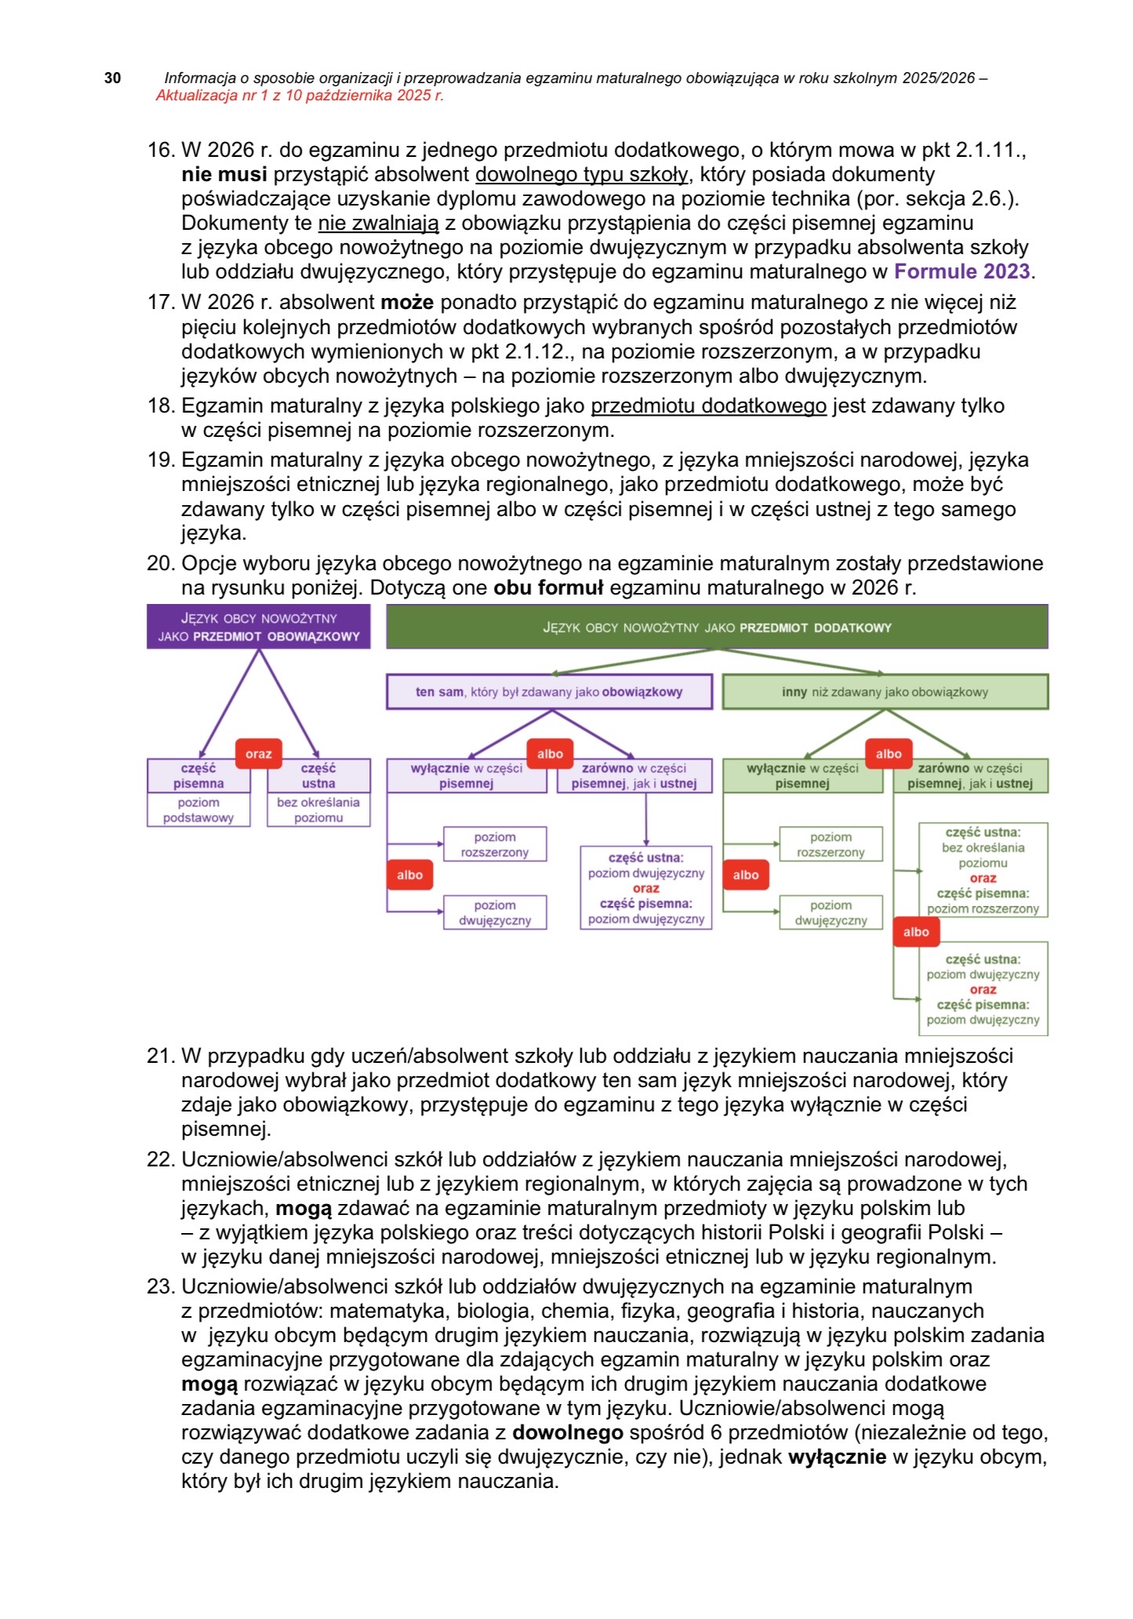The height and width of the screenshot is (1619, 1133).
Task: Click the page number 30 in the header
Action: coord(113,78)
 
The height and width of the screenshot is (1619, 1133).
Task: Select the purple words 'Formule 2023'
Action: coord(961,271)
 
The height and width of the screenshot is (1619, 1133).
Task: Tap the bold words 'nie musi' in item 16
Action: coord(224,174)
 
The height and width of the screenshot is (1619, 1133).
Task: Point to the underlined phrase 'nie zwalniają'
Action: coord(378,223)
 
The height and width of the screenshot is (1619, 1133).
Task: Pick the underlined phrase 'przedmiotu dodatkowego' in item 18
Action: coord(708,406)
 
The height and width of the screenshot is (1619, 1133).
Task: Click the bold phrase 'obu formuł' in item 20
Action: coord(548,588)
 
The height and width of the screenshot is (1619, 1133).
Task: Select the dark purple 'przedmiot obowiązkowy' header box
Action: coord(258,627)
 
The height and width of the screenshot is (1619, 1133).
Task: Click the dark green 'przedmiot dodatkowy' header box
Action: coord(717,628)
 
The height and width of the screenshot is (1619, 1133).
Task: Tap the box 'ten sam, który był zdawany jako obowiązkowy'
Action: coord(549,692)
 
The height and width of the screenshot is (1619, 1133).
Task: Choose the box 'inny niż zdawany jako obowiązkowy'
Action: coord(884,692)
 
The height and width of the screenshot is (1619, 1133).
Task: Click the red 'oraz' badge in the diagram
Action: coord(259,754)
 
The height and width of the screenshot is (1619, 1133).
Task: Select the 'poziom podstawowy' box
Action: coord(198,810)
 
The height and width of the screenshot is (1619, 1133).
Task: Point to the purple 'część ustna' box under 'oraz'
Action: coord(318,776)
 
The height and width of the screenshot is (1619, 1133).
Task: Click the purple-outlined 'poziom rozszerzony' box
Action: coord(495,845)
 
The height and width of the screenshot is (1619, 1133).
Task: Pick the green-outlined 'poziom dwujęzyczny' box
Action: coord(830,913)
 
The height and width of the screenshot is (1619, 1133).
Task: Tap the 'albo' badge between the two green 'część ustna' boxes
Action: coord(916,932)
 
